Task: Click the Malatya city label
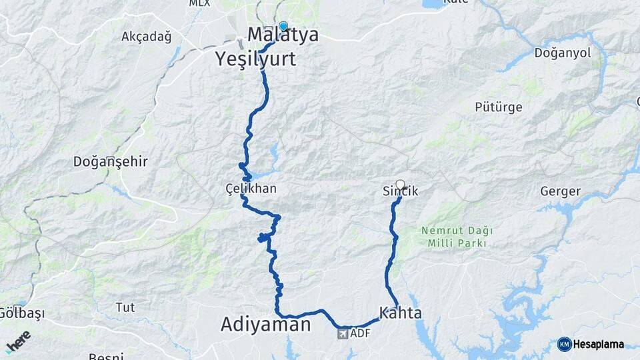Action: (283, 35)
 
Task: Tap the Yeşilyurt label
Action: (256, 59)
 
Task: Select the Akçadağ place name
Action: (146, 37)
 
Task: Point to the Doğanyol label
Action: (563, 53)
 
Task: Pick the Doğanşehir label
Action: (110, 161)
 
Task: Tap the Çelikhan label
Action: (251, 189)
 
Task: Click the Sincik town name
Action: (400, 191)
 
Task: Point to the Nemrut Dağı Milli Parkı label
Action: (457, 237)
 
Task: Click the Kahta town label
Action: (400, 312)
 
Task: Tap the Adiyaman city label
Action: (265, 325)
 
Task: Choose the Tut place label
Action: (125, 307)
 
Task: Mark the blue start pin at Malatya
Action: (283, 27)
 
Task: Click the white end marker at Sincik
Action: (400, 184)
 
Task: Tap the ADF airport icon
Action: (343, 333)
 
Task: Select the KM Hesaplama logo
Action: (590, 344)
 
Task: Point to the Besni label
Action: (105, 356)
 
